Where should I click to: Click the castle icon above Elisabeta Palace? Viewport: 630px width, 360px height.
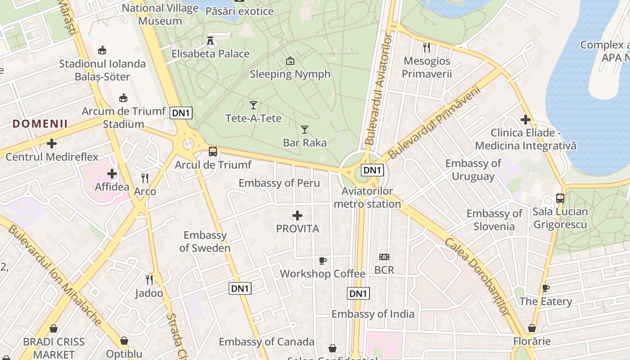[x=210, y=40]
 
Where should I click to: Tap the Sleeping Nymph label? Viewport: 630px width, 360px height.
[x=290, y=74]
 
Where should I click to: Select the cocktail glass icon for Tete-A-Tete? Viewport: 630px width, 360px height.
[x=253, y=105]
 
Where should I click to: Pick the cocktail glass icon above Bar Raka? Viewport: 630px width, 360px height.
[x=305, y=130]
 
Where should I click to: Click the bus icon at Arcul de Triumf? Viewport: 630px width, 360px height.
[x=213, y=152]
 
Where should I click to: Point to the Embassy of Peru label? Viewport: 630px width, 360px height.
[x=279, y=183]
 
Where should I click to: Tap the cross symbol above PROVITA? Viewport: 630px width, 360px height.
[x=297, y=216]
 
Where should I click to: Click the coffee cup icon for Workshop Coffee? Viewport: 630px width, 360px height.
[x=322, y=261]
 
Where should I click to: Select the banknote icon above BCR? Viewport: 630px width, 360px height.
[x=384, y=257]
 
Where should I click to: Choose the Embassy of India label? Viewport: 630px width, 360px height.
[x=373, y=314]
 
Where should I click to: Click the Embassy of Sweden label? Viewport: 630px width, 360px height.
[x=205, y=242]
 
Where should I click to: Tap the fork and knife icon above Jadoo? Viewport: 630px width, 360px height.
[x=149, y=280]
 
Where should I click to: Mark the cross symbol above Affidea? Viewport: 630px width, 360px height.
[x=112, y=174]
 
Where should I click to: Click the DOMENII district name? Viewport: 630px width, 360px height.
[x=40, y=124]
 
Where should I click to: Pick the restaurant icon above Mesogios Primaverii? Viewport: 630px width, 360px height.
[x=427, y=47]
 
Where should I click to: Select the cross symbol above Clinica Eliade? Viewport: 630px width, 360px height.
[x=525, y=120]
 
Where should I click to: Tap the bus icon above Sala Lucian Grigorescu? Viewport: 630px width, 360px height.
[x=560, y=198]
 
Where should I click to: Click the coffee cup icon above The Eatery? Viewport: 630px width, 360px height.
[x=546, y=288]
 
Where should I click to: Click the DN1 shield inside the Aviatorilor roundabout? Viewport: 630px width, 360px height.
[x=373, y=170]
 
